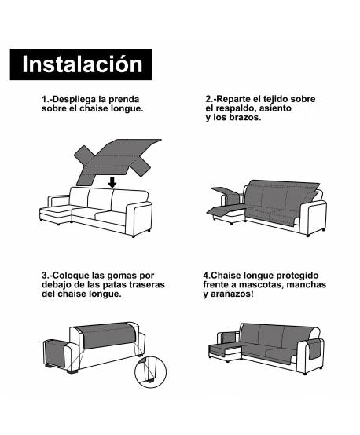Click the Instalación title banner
82,64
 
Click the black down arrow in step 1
113,181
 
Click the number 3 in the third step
46,276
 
